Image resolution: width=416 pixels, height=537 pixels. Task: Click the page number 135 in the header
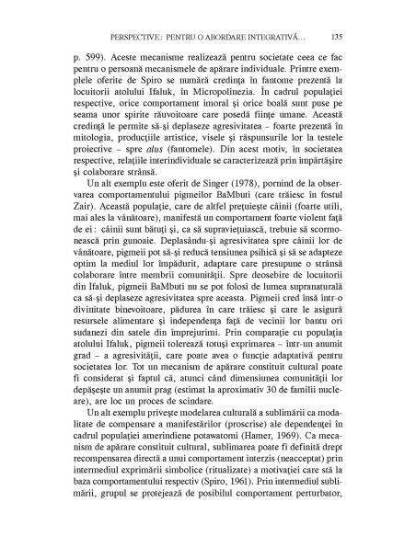337,37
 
